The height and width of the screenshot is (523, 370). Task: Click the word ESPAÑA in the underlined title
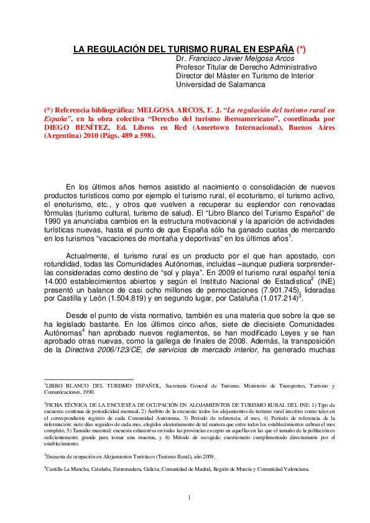273,48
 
